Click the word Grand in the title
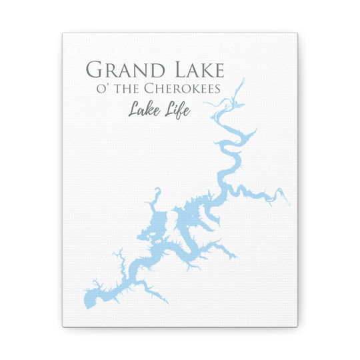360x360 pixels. [x=117, y=69]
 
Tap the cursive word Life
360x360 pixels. [x=176, y=108]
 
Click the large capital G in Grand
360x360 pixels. [x=95, y=69]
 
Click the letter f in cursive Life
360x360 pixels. [x=179, y=108]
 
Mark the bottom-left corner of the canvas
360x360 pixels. [x=63, y=326]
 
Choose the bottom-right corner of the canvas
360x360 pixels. [x=298, y=326]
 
